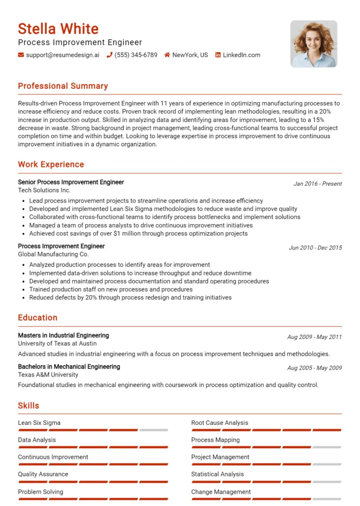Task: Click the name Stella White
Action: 58,29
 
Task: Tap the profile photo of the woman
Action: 314,44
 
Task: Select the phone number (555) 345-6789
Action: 136,55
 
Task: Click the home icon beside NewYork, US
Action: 167,55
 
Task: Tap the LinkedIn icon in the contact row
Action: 218,55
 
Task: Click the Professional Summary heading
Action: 63,86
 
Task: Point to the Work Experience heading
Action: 51,165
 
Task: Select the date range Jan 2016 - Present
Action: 318,184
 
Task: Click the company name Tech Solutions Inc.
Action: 44,190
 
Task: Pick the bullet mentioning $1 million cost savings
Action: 138,233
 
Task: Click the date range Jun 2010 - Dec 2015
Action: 315,248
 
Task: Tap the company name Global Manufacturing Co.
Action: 53,254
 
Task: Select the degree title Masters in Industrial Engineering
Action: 64,336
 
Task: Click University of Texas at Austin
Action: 57,343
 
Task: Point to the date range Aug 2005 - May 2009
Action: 314,368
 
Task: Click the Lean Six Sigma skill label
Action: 39,423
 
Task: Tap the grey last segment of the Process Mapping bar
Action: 327,447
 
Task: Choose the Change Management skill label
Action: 221,492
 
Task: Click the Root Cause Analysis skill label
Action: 220,423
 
